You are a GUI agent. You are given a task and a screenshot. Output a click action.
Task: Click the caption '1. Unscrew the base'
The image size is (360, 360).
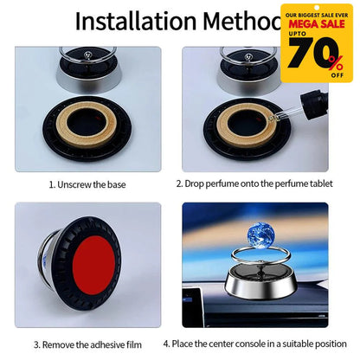[x=87, y=183]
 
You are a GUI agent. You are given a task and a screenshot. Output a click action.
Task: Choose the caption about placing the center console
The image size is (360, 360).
[x=255, y=343]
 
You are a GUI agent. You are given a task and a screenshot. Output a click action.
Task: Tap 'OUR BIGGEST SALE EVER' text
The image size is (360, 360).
[x=317, y=14]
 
